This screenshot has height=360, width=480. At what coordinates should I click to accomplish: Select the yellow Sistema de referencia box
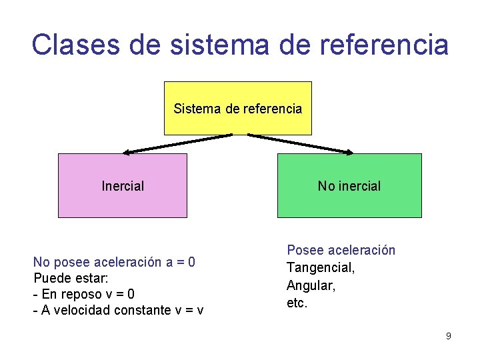pos(237,108)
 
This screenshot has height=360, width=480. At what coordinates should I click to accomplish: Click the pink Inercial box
pos(123,186)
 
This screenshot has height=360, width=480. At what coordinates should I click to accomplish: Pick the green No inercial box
pos(349,186)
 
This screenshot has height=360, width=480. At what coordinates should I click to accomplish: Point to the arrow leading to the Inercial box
pos(177,143)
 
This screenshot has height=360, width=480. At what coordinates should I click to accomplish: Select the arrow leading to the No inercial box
pos(300,143)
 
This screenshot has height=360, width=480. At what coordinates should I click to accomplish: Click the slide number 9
pos(448,336)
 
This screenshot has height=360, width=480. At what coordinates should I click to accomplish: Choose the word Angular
pos(311,285)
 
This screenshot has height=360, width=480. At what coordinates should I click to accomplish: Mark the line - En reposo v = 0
pos(84,294)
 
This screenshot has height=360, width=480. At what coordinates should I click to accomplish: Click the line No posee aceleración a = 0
pos(114,262)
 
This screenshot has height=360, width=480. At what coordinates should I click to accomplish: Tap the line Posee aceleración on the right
pos(341,250)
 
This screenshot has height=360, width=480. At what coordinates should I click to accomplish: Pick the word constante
pos(141,310)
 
